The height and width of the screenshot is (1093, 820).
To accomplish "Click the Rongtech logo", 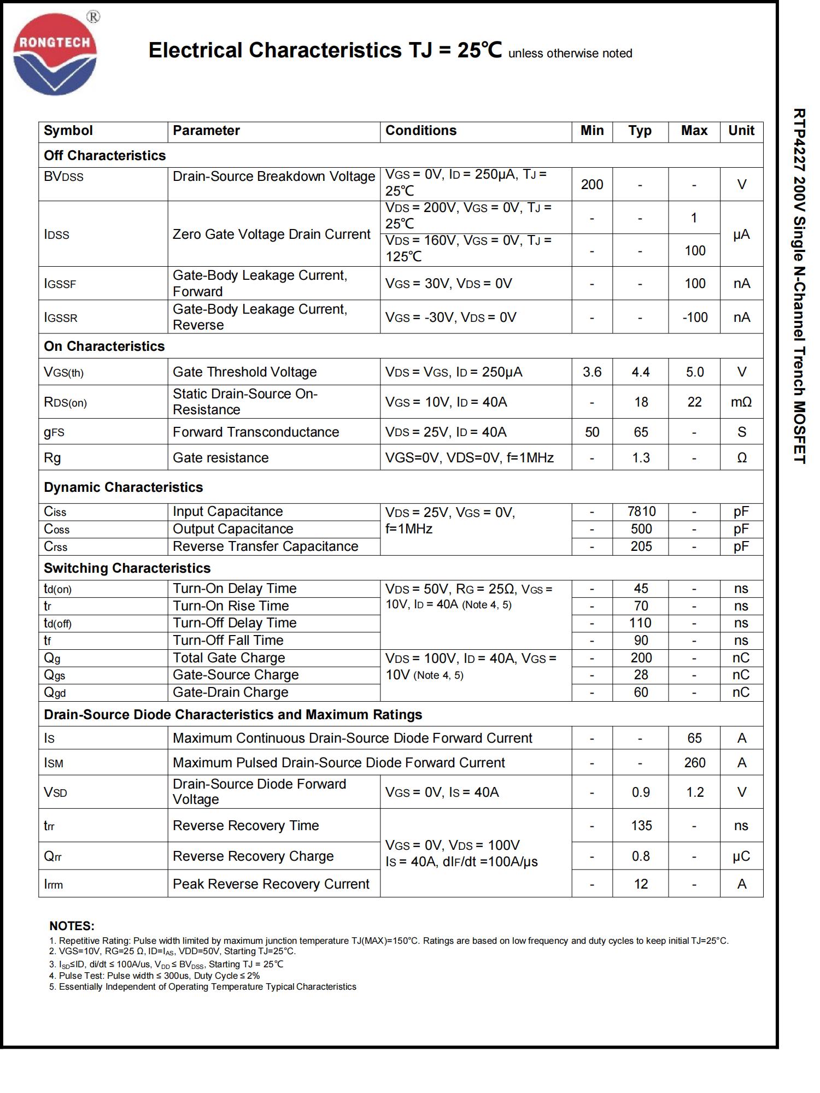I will pyautogui.click(x=55, y=54).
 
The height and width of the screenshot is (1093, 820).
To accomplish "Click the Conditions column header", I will pyautogui.click(x=420, y=131).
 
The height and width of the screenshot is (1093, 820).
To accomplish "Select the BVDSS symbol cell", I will pyautogui.click(x=63, y=177).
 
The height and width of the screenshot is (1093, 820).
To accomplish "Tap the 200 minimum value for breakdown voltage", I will pyautogui.click(x=591, y=185).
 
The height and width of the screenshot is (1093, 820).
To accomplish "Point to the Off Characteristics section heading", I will pyautogui.click(x=104, y=156).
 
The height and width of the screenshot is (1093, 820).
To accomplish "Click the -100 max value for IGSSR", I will pyautogui.click(x=694, y=318).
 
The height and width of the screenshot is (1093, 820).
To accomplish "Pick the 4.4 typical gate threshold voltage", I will pyautogui.click(x=640, y=372).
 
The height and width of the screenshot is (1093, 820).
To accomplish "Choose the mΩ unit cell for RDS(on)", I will pyautogui.click(x=741, y=402).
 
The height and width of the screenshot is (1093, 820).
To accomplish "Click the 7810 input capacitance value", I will pyautogui.click(x=641, y=512).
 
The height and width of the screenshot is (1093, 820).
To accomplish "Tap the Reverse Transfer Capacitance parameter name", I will pyautogui.click(x=265, y=546).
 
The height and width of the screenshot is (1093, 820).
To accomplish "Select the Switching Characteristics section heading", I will pyautogui.click(x=127, y=568).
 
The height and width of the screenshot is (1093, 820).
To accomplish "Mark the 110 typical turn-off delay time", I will pyautogui.click(x=640, y=623).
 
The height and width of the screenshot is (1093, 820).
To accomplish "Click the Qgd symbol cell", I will pyautogui.click(x=55, y=692).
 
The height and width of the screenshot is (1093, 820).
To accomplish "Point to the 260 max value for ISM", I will pyautogui.click(x=694, y=763).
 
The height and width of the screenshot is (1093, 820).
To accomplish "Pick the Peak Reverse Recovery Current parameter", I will pyautogui.click(x=271, y=884).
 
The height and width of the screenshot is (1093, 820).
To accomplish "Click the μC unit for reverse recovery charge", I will pyautogui.click(x=741, y=856).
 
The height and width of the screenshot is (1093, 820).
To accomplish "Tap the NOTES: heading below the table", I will pyautogui.click(x=72, y=926).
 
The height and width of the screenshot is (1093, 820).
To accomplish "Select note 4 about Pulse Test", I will pyautogui.click(x=155, y=976).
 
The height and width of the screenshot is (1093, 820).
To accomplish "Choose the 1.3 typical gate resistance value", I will pyautogui.click(x=640, y=458).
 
